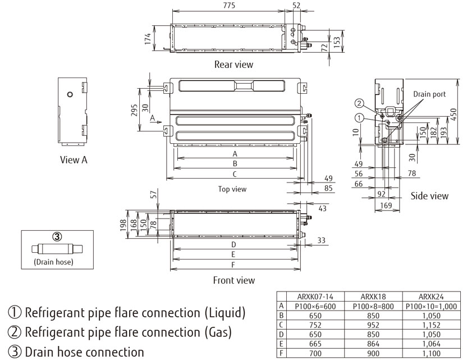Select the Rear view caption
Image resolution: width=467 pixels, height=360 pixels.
(x=233, y=64)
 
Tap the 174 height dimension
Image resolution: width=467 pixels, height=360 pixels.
(x=147, y=38)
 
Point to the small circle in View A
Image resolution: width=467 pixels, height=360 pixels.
(x=70, y=94)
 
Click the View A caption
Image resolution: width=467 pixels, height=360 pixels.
(x=74, y=160)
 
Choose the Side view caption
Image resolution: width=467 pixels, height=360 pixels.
(x=429, y=196)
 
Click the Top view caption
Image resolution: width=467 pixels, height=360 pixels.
(x=232, y=189)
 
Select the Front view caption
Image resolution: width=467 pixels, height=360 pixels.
(x=234, y=280)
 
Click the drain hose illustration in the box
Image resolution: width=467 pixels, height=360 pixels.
(x=56, y=249)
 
